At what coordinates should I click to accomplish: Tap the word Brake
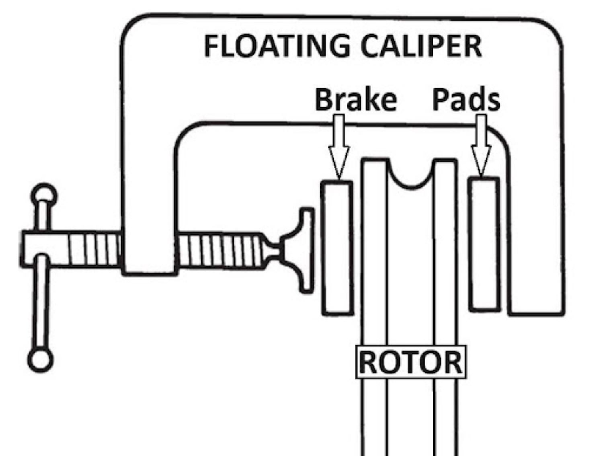[x=355, y=99]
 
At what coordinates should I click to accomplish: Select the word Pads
[x=466, y=99]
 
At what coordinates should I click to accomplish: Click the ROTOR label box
[x=410, y=362]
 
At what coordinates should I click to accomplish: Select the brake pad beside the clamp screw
[x=337, y=247]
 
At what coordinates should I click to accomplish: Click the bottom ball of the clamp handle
[x=40, y=360]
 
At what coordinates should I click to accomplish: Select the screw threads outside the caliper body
[x=94, y=249]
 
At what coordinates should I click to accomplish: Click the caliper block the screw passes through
[x=149, y=249]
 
